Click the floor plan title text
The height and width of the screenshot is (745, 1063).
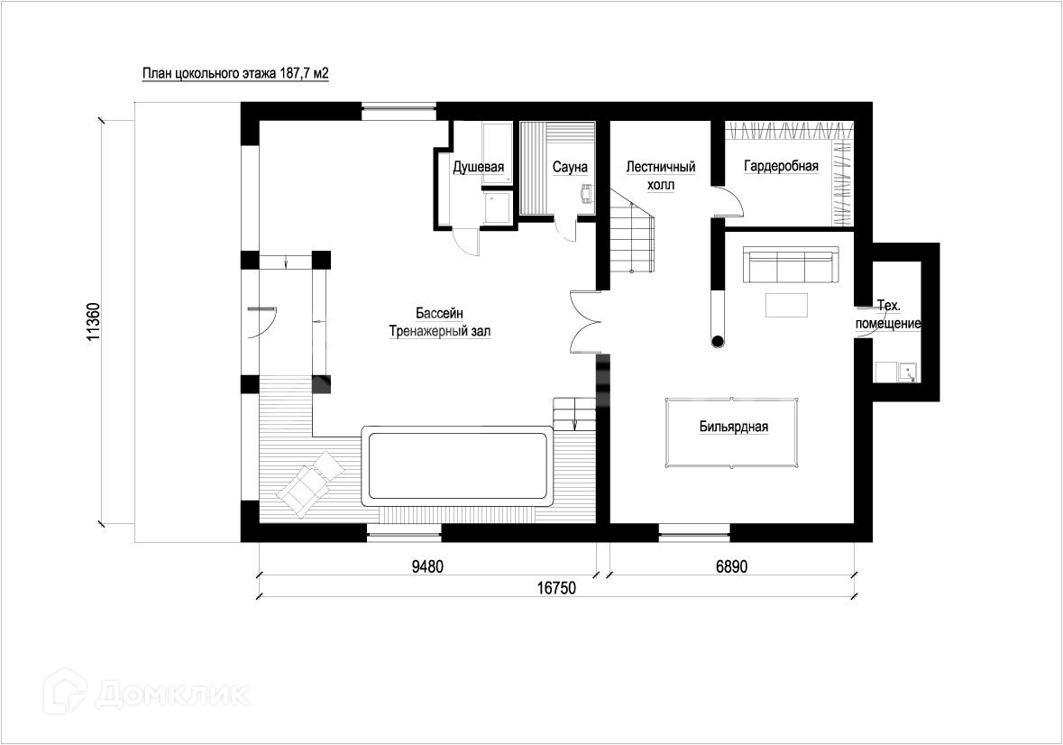click(235, 74)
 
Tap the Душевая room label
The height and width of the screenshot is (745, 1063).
click(479, 167)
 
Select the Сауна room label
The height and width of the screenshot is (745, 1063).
click(570, 167)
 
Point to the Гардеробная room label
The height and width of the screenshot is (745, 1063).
click(781, 166)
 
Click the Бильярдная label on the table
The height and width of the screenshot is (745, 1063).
click(734, 428)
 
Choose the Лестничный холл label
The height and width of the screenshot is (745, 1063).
click(661, 176)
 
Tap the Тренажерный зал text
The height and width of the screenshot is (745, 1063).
click(439, 332)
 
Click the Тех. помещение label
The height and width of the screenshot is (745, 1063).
click(888, 315)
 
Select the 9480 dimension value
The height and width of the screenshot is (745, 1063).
click(427, 566)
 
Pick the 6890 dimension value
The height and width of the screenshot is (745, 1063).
click(731, 566)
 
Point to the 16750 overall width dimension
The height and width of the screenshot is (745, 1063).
click(556, 588)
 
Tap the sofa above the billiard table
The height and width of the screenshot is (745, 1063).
click(790, 265)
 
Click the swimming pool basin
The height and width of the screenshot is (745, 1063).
click(459, 465)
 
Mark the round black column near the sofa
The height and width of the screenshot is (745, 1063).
click(718, 341)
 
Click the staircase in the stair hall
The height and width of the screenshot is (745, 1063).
click(633, 231)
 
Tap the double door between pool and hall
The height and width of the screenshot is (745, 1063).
click(584, 322)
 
